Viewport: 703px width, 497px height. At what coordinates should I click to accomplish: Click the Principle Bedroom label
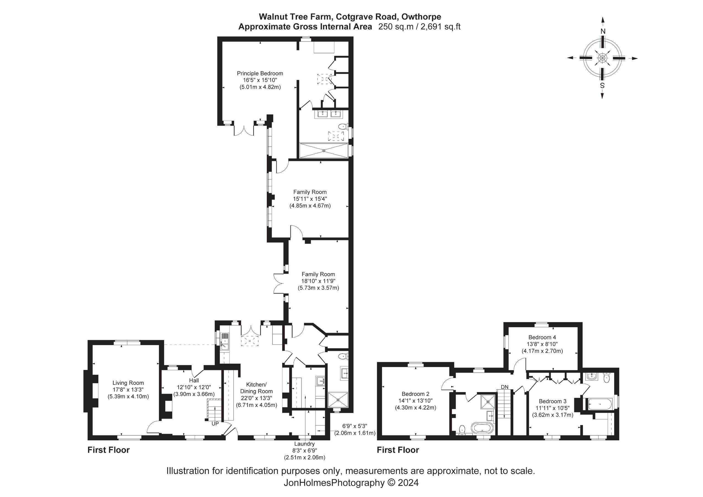(260, 73)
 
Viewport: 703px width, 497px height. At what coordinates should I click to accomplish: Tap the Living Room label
(128, 383)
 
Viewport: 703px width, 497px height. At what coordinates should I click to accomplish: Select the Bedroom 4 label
(542, 337)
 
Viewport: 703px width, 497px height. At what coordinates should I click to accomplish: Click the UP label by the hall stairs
(215, 424)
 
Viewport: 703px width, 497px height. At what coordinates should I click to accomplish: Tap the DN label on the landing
(505, 387)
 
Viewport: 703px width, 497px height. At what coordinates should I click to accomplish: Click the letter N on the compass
(603, 31)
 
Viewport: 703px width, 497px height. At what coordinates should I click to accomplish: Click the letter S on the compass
(602, 86)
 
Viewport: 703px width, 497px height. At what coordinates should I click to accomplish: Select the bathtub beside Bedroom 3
(600, 404)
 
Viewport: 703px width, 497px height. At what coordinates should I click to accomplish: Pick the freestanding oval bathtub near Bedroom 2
(482, 428)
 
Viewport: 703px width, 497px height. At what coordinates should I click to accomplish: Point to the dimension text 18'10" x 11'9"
(318, 281)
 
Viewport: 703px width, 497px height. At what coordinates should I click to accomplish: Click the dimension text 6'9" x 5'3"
(355, 426)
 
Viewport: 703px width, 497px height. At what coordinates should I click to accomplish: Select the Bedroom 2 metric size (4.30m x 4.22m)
(415, 408)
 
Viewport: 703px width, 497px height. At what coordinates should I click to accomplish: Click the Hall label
(194, 380)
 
